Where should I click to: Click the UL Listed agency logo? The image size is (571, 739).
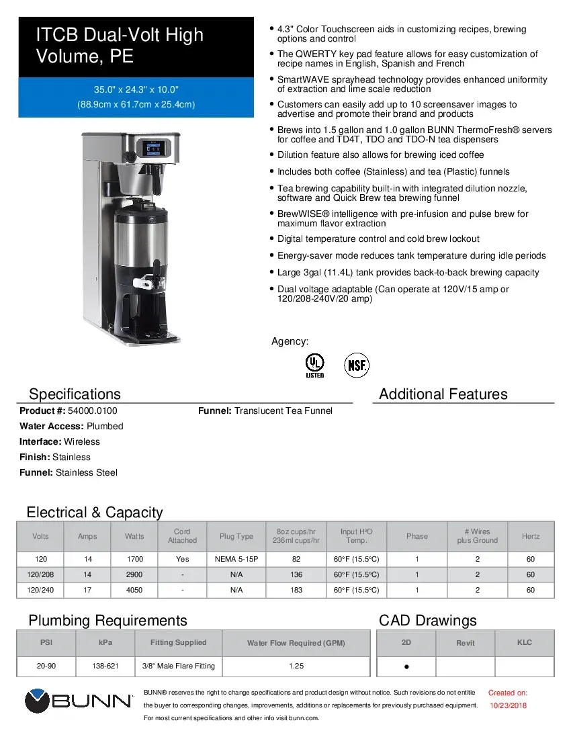pyautogui.click(x=314, y=365)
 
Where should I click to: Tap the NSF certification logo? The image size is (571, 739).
pyautogui.click(x=357, y=365)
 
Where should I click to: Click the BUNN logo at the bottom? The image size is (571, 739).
pyautogui.click(x=79, y=701)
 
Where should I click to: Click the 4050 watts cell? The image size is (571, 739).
pyautogui.click(x=134, y=590)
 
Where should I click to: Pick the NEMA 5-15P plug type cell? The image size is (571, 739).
pyautogui.click(x=236, y=559)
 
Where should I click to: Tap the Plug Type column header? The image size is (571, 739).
pyautogui.click(x=236, y=536)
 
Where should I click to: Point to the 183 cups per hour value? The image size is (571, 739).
pyautogui.click(x=296, y=590)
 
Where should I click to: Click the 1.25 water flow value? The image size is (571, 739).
pyautogui.click(x=296, y=666)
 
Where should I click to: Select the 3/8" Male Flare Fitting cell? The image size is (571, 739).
pyautogui.click(x=179, y=666)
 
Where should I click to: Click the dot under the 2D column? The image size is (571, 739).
pyautogui.click(x=406, y=668)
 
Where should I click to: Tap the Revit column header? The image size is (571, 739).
pyautogui.click(x=466, y=643)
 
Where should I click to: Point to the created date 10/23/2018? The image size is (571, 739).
pyautogui.click(x=507, y=705)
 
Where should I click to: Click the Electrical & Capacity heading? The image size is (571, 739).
pyautogui.click(x=95, y=513)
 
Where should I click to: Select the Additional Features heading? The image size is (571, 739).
pyautogui.click(x=443, y=394)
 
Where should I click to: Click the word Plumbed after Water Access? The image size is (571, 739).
pyautogui.click(x=105, y=426)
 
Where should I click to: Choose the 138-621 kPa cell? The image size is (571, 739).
pyautogui.click(x=105, y=666)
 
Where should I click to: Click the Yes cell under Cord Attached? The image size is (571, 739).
pyautogui.click(x=183, y=559)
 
